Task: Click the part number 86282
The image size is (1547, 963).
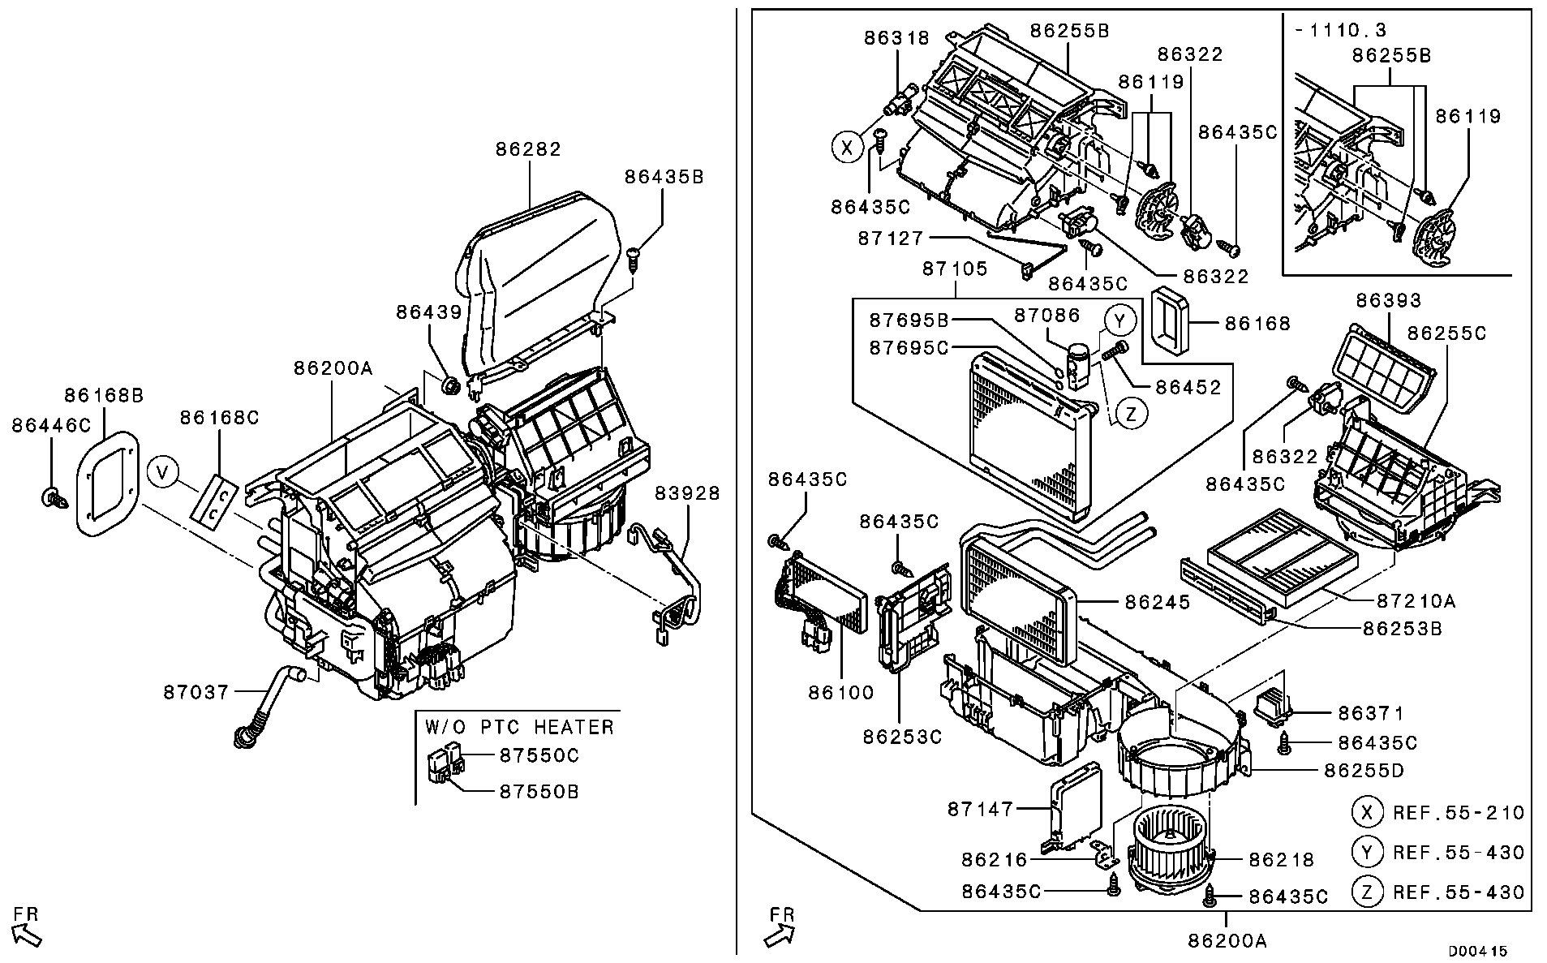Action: click(528, 149)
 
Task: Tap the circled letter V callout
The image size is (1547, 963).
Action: click(164, 471)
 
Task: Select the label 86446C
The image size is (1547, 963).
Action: click(51, 425)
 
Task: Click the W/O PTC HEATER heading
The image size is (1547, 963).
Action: click(519, 726)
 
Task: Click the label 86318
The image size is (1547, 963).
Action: click(896, 37)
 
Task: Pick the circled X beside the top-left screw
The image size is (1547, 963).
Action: click(847, 148)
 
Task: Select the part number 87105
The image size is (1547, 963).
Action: click(955, 269)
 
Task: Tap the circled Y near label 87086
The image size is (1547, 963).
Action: click(1119, 321)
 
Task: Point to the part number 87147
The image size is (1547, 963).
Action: click(981, 809)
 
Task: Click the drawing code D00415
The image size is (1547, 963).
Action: click(1477, 950)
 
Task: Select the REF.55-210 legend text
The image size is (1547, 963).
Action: click(1459, 813)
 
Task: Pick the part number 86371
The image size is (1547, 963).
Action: click(1371, 713)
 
